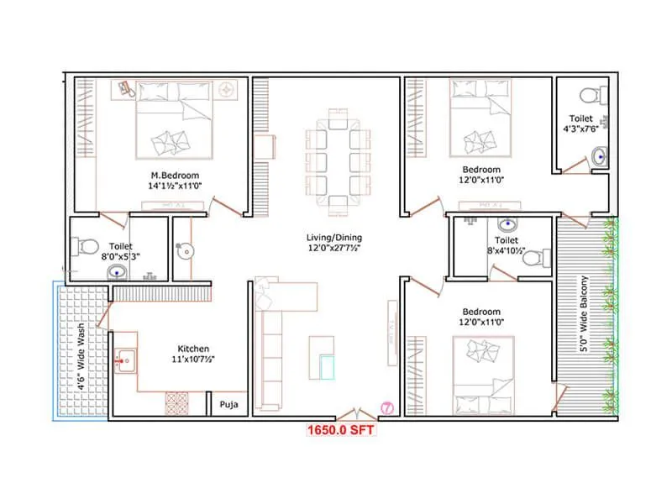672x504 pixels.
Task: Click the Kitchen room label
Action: pos(193,349)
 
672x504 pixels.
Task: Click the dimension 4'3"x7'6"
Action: pos(580,130)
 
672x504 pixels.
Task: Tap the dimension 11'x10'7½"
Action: pos(192,360)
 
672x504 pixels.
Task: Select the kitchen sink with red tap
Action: pos(124,362)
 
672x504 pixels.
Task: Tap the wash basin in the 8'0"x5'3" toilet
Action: pos(118,271)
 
